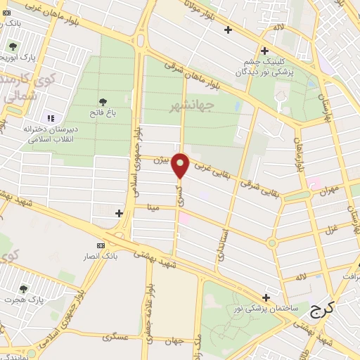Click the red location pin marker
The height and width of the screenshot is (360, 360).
[x=181, y=166]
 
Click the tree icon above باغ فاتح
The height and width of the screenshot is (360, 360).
[x=103, y=103]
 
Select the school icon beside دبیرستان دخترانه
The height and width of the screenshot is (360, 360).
[x=50, y=117]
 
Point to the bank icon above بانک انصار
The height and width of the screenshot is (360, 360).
[x=101, y=245]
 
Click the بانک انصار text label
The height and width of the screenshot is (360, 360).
[x=101, y=256]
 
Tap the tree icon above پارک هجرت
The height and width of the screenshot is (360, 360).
[x=25, y=288]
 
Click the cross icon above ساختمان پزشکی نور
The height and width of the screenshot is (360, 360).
[x=266, y=298]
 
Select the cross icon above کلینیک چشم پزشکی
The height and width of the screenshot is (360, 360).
[x=264, y=51]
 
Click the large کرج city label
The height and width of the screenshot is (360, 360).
[x=322, y=308]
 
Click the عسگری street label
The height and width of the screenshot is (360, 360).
[x=114, y=337]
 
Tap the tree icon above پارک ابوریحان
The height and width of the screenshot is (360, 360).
[x=13, y=46]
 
